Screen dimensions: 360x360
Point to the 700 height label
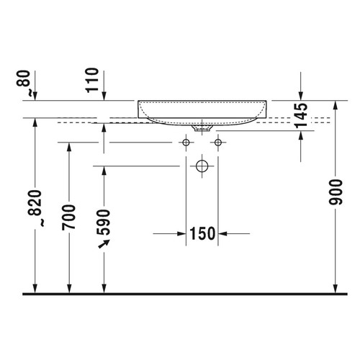(68, 216)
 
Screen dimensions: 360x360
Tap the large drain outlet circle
(201, 167)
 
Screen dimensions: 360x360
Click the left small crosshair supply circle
(186, 143)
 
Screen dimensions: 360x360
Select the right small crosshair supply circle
(215, 143)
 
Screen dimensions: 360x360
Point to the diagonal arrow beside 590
(105, 246)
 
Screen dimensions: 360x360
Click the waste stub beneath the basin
(201, 129)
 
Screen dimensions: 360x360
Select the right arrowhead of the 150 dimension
(224, 233)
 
